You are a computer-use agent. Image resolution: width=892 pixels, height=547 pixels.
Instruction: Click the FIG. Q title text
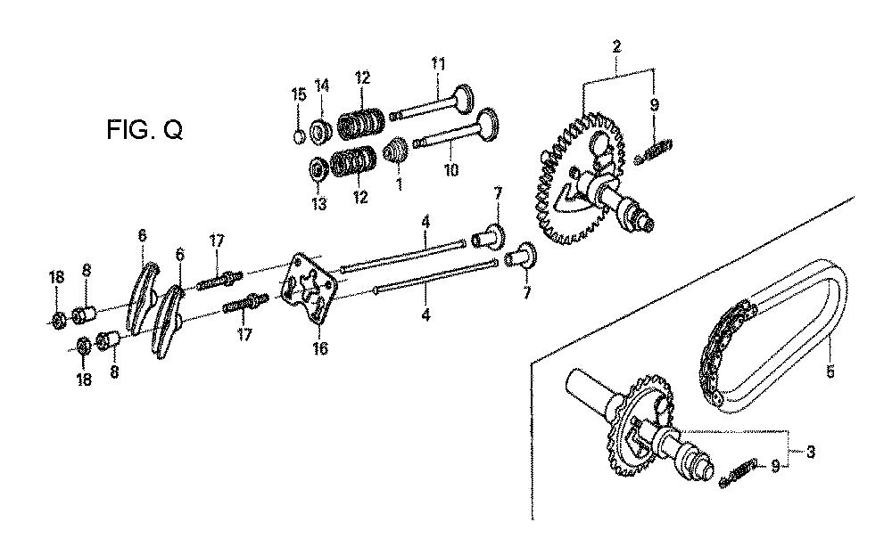point(145,130)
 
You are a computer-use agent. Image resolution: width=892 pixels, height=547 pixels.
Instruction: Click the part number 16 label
point(320,347)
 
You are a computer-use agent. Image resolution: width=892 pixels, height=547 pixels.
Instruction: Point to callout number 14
point(322,86)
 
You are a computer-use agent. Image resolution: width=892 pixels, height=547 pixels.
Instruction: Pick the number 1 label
point(399,184)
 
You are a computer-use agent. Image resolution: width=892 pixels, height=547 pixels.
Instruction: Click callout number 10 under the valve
point(451,170)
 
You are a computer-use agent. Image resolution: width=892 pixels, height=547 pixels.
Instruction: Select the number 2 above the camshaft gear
point(616,46)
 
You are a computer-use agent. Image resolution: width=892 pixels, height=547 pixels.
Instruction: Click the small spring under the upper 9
point(653,151)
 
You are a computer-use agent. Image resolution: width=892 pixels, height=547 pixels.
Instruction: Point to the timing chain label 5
point(830,372)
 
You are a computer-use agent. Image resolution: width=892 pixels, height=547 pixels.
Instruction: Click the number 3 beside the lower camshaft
point(811,452)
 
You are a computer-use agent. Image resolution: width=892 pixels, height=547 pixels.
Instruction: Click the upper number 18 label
point(56,278)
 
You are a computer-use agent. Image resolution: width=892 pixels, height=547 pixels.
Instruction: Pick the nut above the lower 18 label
point(83,346)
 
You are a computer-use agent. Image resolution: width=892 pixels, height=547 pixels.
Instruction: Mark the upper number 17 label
point(217,241)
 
